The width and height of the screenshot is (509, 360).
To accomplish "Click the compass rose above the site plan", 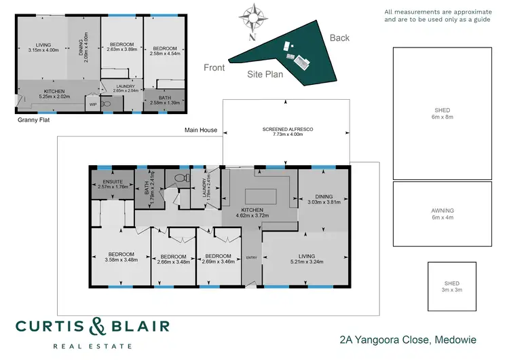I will (255, 17).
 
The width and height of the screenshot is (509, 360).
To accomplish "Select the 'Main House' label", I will (202, 129).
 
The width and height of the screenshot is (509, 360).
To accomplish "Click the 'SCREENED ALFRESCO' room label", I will (286, 130).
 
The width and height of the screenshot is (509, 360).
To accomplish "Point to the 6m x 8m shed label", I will (442, 113).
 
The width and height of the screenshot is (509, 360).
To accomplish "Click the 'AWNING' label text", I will (442, 211).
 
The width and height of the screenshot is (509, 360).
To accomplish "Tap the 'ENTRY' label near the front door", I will (252, 257).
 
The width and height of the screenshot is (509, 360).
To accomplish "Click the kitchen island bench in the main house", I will (261, 196).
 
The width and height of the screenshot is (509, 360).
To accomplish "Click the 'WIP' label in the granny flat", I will (92, 105).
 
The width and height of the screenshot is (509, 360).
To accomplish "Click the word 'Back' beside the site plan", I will (339, 38).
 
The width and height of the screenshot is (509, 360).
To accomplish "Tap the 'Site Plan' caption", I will (264, 75).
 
